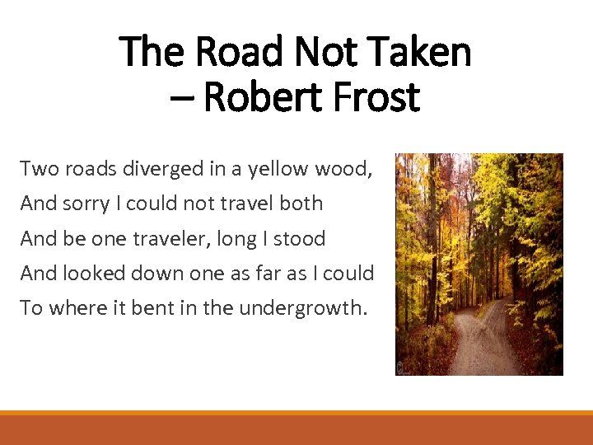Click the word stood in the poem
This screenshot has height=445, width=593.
[x=300, y=239]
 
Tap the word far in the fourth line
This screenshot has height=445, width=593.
[x=281, y=273]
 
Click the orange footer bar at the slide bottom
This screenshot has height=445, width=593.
[x=296, y=429]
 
